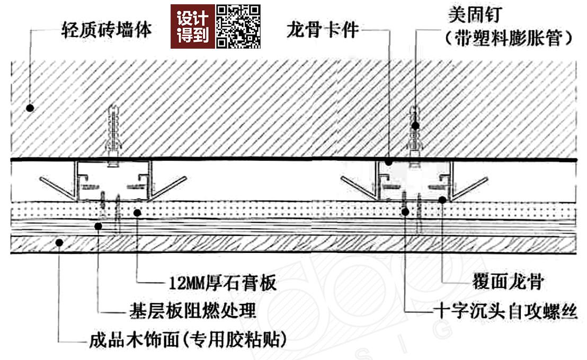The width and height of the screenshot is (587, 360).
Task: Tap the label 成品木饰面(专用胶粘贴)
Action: [x=189, y=339]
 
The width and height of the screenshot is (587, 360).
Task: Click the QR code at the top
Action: [x=239, y=26]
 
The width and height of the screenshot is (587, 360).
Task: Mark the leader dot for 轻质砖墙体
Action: [x=30, y=107]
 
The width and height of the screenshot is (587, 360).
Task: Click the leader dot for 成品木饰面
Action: [x=59, y=242]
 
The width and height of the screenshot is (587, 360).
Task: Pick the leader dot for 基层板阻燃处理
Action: [x=99, y=227]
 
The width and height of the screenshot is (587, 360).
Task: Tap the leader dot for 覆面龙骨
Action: [x=442, y=200]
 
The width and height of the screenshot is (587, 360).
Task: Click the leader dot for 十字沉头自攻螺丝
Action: [x=405, y=212]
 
